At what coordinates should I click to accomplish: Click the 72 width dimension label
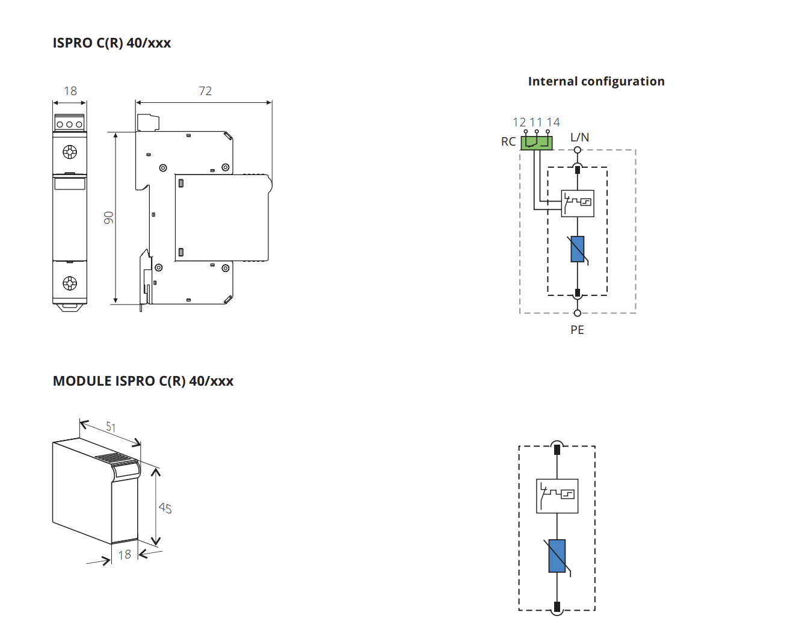(x=205, y=91)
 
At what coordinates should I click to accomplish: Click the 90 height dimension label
(x=108, y=218)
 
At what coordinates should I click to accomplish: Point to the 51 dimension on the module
(x=111, y=427)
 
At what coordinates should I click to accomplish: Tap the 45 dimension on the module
(x=165, y=508)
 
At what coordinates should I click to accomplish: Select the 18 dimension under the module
(x=125, y=555)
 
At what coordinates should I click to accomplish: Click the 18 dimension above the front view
(x=70, y=91)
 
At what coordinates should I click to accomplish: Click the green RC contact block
(x=537, y=143)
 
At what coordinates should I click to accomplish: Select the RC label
(x=508, y=141)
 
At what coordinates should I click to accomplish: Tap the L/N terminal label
(x=579, y=137)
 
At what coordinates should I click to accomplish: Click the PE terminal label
(x=578, y=330)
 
